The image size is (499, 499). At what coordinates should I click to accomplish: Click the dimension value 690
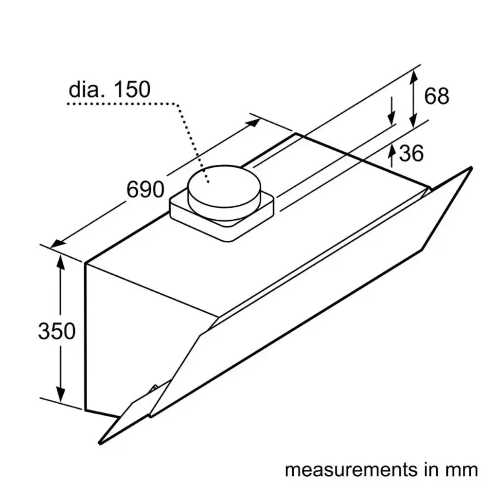coord(145,189)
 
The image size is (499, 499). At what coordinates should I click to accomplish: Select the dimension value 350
coord(57,331)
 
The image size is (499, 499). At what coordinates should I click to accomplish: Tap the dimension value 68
coord(436,96)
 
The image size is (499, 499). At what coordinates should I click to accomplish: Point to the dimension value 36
coord(411,154)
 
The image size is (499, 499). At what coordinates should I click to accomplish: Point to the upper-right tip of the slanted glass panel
coord(470,168)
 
